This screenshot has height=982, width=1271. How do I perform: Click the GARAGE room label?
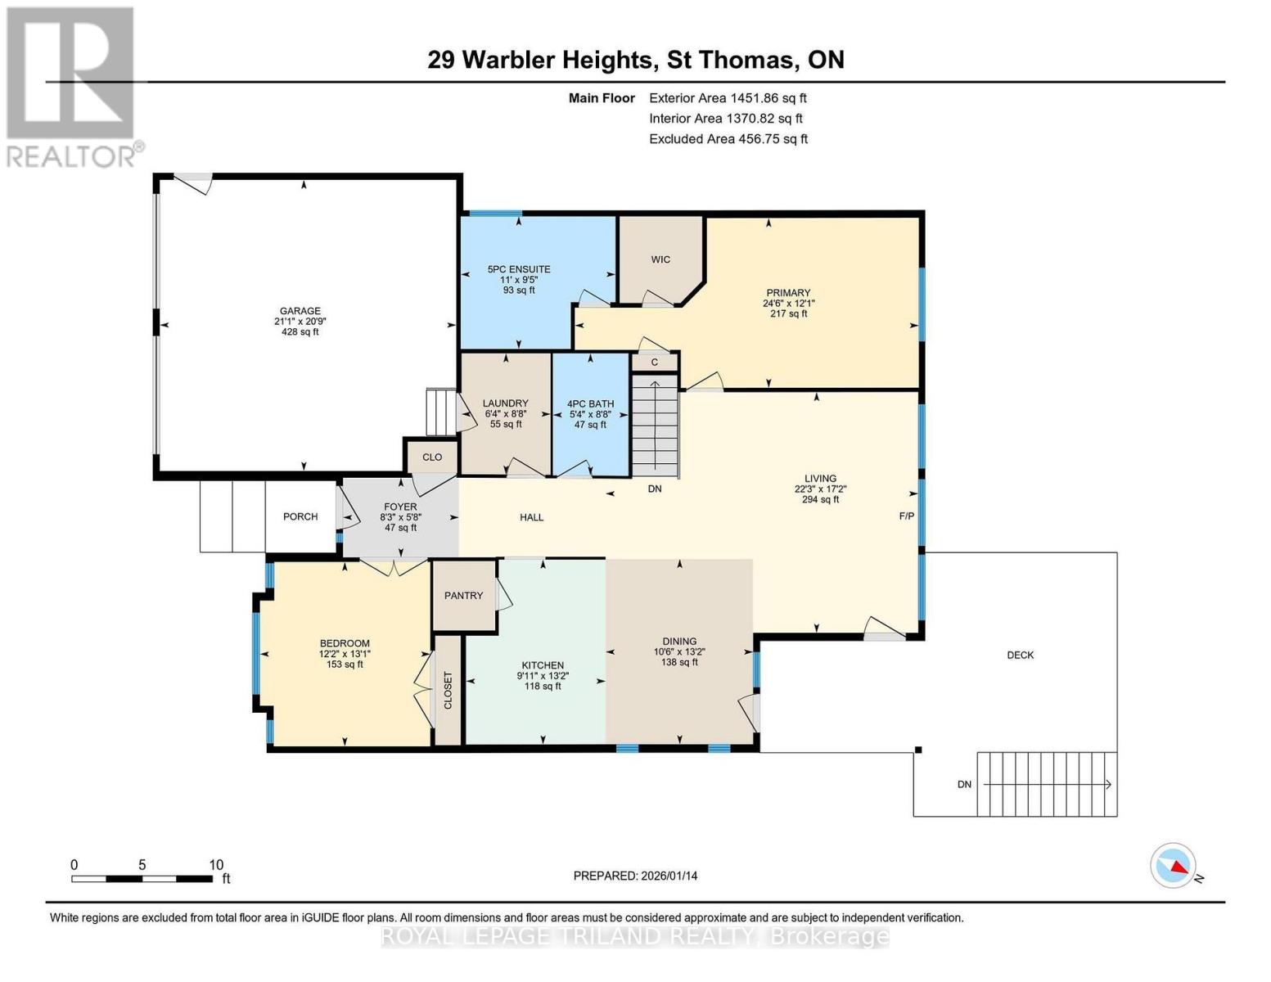(x=300, y=311)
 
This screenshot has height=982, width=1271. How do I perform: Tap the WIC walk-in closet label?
(x=660, y=259)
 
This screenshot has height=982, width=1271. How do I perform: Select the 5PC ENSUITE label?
(x=519, y=269)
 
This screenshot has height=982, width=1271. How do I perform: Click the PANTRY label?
(x=463, y=596)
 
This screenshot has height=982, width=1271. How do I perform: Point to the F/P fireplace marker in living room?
(x=906, y=516)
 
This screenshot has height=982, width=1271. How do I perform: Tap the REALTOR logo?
(x=71, y=87)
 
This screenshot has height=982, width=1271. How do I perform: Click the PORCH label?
(x=300, y=516)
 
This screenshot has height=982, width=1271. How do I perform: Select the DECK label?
(x=1020, y=655)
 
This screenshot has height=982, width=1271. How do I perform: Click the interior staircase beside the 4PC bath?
(x=655, y=425)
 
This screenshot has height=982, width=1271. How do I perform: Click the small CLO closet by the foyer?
(x=432, y=457)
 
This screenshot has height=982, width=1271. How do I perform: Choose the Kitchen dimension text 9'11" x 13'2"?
(x=543, y=676)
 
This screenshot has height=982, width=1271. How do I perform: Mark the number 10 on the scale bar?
(x=216, y=865)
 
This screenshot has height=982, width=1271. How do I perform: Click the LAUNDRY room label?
(x=505, y=403)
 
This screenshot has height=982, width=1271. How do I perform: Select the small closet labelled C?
(x=655, y=363)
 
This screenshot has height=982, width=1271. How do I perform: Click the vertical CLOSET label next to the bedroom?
(x=448, y=691)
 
